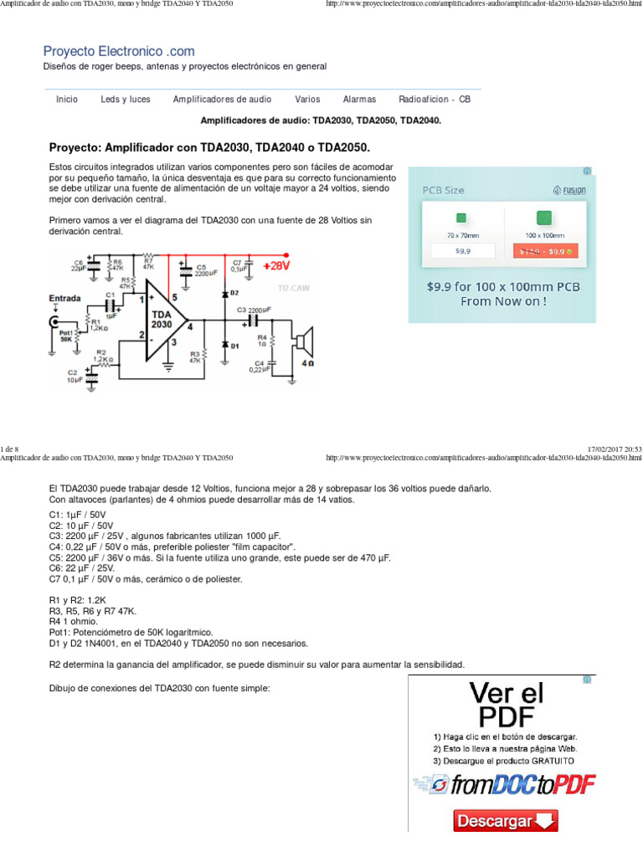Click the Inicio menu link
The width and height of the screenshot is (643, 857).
tap(67, 99)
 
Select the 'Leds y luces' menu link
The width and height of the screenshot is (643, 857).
tap(126, 99)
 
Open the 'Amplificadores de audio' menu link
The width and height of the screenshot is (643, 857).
tap(222, 99)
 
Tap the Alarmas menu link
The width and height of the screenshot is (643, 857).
tap(359, 99)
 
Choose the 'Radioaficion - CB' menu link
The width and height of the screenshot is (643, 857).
tap(435, 99)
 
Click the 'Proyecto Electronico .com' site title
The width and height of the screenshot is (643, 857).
tap(119, 51)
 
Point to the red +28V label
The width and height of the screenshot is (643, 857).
tap(275, 266)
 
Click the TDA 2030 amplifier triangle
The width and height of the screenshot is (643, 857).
tap(163, 319)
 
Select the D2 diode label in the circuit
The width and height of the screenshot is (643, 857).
tap(234, 293)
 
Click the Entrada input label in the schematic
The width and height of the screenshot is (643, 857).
tap(65, 298)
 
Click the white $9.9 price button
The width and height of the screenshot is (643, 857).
tap(463, 250)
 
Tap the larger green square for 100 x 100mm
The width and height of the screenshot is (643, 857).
tap(543, 218)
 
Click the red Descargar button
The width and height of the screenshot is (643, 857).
tap(506, 821)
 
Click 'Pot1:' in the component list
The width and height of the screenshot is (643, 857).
tap(61, 632)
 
